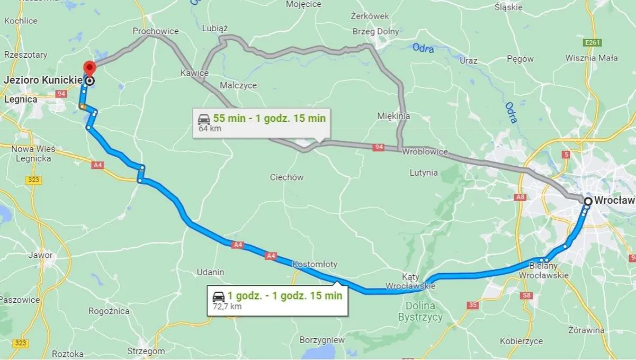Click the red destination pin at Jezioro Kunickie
[x=89, y=68]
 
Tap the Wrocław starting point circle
[x=588, y=201]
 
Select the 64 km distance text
[x=210, y=129]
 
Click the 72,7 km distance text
[x=227, y=306]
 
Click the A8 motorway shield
[x=520, y=197]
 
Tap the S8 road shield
[x=526, y=295]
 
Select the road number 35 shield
[x=473, y=305]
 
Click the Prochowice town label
[x=156, y=31]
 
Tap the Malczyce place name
[x=238, y=85]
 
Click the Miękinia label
[x=393, y=116]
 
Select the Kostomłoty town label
[x=315, y=264]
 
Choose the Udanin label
[x=210, y=272]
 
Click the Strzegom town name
[x=146, y=350]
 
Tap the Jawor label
[x=41, y=255]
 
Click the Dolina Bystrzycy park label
[x=420, y=311]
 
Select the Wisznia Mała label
[x=592, y=58]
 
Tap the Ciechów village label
[x=286, y=177]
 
